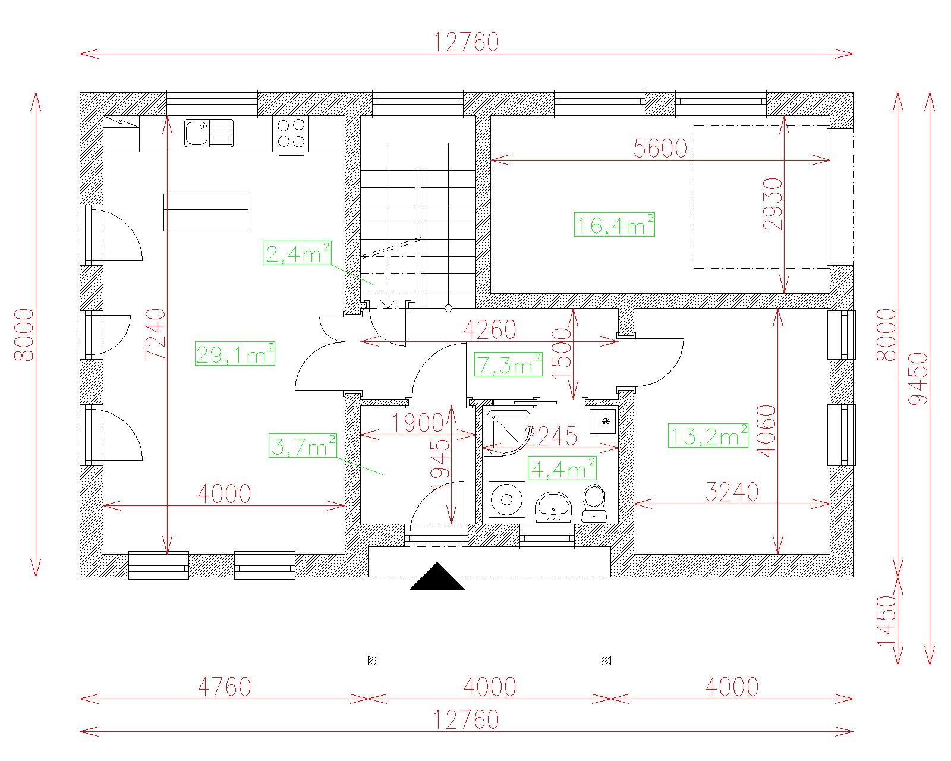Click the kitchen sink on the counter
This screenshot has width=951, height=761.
pyautogui.click(x=209, y=133)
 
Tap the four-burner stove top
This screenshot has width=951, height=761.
pyautogui.click(x=290, y=133)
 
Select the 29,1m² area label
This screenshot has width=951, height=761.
pyautogui.click(x=235, y=354)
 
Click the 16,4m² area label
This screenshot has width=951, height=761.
pyautogui.click(x=614, y=225)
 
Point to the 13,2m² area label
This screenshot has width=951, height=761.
pyautogui.click(x=708, y=436)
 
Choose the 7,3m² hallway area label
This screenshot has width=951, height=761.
pyautogui.click(x=508, y=364)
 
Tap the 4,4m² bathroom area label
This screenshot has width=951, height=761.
pyautogui.click(x=562, y=468)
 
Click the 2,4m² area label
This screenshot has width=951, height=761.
pyautogui.click(x=297, y=253)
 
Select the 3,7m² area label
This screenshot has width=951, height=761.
pyautogui.click(x=303, y=446)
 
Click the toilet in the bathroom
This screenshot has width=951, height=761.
pyautogui.click(x=594, y=503)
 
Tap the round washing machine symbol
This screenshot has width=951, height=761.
pyautogui.click(x=507, y=499)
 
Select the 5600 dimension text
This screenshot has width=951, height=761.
pyautogui.click(x=660, y=148)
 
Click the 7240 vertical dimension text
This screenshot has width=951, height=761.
pyautogui.click(x=156, y=335)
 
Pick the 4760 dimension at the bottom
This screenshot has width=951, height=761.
pyautogui.click(x=225, y=687)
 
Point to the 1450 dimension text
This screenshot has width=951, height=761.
pyautogui.click(x=886, y=621)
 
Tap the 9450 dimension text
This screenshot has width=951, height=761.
pyautogui.click(x=917, y=379)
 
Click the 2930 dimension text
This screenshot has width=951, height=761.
pyautogui.click(x=773, y=204)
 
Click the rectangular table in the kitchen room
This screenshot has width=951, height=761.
pyautogui.click(x=206, y=212)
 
